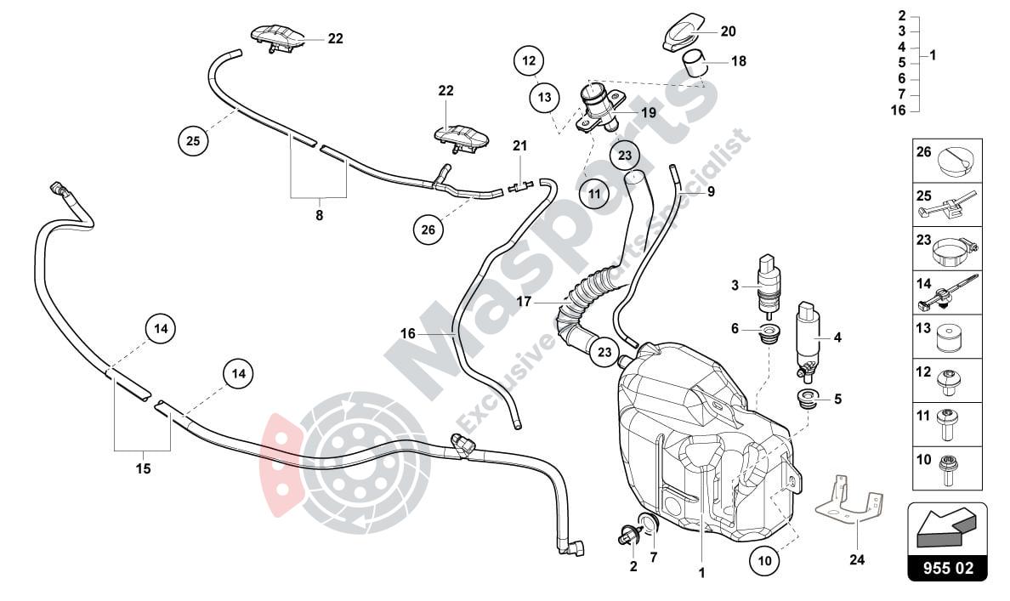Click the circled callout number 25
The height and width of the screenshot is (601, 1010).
coord(194,140)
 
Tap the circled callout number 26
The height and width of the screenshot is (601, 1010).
coord(428,228)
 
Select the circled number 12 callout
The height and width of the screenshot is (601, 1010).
coord(530,61)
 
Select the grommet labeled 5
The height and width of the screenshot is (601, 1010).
coord(804,398)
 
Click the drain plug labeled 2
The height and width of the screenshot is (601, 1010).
coord(629,536)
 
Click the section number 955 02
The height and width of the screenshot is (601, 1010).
coord(948,567)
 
